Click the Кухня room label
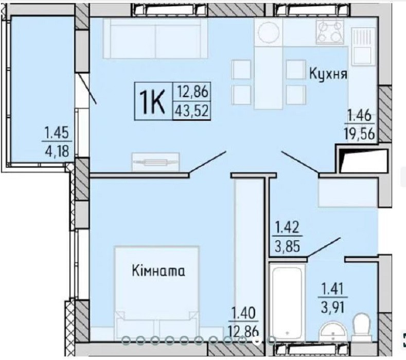(x=328, y=74)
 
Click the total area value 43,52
(x=192, y=110)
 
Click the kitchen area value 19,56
(x=360, y=134)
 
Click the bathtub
(x=288, y=303)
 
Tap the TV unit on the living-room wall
(x=155, y=162)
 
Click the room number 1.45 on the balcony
(x=57, y=134)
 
